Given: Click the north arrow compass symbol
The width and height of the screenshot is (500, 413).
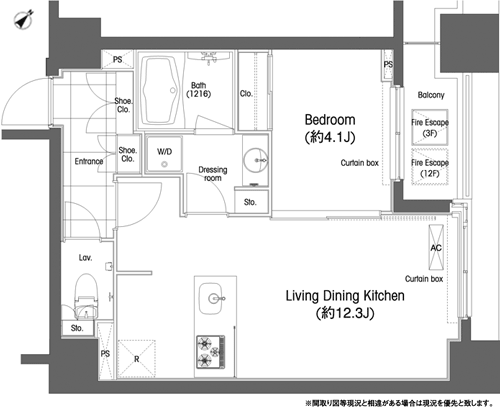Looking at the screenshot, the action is coord(23,19).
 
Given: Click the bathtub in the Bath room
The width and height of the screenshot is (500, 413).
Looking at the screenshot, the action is coord(159,91).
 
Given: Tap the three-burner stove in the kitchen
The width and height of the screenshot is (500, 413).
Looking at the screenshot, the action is coord(210,352).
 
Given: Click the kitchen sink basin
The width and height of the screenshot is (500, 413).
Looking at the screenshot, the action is coord(211,298).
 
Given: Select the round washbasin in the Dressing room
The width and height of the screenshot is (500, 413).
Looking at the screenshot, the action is coord(256,160).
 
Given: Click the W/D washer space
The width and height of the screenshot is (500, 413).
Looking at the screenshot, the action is coord(164,154).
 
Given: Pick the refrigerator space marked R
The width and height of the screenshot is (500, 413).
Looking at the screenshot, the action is coord(137,359).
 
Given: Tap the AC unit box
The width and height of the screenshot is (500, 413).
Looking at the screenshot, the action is coord(436,247).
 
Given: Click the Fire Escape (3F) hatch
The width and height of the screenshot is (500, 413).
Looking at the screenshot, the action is coord(430,127).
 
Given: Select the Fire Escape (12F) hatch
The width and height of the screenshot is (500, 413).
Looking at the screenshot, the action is coord(430,167).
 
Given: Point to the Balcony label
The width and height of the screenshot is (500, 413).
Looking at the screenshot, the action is coord(431,95).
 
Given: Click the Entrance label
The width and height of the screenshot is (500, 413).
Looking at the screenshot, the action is coord(89,161).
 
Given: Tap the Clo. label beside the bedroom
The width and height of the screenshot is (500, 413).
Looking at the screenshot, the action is coord(246,94).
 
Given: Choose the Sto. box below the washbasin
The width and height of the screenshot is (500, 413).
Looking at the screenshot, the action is coord(251,201).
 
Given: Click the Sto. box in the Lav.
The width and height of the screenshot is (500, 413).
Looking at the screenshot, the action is coord(78,328).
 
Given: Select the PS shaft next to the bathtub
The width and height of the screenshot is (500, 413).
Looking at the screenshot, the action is coord(117,59).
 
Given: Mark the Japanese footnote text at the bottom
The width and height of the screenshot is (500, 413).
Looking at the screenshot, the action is coord(399,404).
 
